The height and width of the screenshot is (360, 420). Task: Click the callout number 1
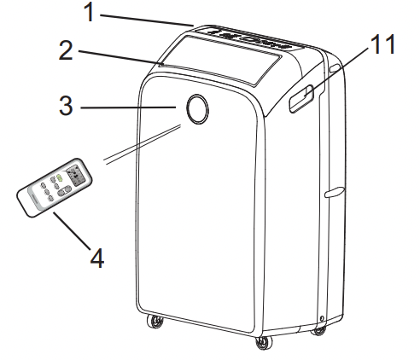(x=90, y=12)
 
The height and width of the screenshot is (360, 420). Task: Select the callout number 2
(x=66, y=50)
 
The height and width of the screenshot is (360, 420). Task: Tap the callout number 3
(x=66, y=105)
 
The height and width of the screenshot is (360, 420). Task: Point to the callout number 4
(x=97, y=258)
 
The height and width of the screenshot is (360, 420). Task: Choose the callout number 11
(x=383, y=44)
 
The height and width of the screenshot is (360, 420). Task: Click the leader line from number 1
(x=147, y=20)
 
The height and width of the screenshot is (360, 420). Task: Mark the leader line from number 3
(x=128, y=107)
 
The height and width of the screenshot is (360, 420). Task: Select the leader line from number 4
(x=72, y=230)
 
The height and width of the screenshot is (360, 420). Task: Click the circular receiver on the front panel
(x=197, y=109)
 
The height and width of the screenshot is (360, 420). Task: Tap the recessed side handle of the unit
(x=301, y=98)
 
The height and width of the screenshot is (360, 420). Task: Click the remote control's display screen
(x=76, y=176)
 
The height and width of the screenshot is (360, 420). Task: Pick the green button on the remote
(x=59, y=178)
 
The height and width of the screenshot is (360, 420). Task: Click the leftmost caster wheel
(x=155, y=322)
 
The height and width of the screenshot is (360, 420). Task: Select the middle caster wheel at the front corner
(x=264, y=343)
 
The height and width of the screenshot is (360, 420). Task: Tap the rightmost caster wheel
(x=318, y=330)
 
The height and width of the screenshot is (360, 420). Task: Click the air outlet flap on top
(x=220, y=60)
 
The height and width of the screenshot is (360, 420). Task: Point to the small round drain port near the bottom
(x=322, y=318)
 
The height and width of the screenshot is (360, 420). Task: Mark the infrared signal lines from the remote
(x=143, y=144)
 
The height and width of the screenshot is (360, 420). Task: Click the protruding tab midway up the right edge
(x=335, y=192)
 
